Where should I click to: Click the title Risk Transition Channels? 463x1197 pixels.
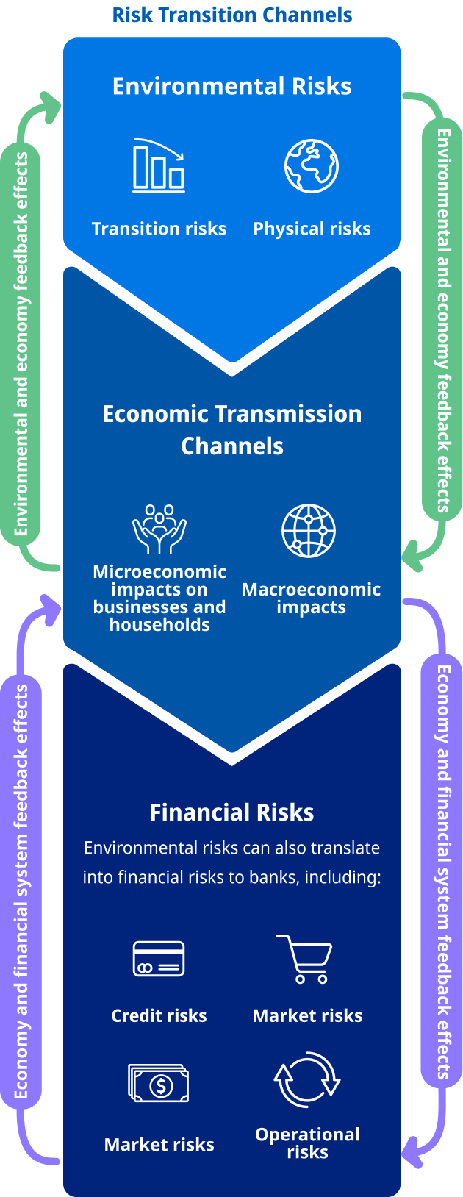tap(232, 15)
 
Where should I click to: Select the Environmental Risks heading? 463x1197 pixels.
tap(232, 86)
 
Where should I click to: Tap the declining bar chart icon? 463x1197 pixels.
tap(159, 165)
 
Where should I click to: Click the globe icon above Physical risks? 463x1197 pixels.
tap(312, 165)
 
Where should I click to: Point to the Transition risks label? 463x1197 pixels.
tap(159, 229)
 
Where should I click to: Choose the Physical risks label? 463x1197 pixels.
tap(312, 229)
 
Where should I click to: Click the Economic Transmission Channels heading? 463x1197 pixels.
tap(232, 429)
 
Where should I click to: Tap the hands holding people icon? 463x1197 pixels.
tap(159, 529)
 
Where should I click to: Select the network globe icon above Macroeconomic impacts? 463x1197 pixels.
tap(309, 531)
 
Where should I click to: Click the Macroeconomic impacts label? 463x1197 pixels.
tap(312, 598)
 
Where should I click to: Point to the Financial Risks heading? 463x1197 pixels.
tap(232, 812)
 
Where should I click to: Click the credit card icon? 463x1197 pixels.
tap(159, 959)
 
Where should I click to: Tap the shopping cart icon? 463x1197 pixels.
tap(304, 960)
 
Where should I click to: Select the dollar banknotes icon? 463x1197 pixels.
tap(159, 1083)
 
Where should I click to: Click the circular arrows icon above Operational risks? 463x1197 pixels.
tap(307, 1080)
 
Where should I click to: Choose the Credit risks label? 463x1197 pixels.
tap(159, 1015)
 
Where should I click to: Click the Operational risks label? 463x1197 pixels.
tap(308, 1143)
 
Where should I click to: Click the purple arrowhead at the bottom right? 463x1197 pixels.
tap(412, 1146)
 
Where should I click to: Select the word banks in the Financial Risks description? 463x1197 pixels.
tap(279, 877)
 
